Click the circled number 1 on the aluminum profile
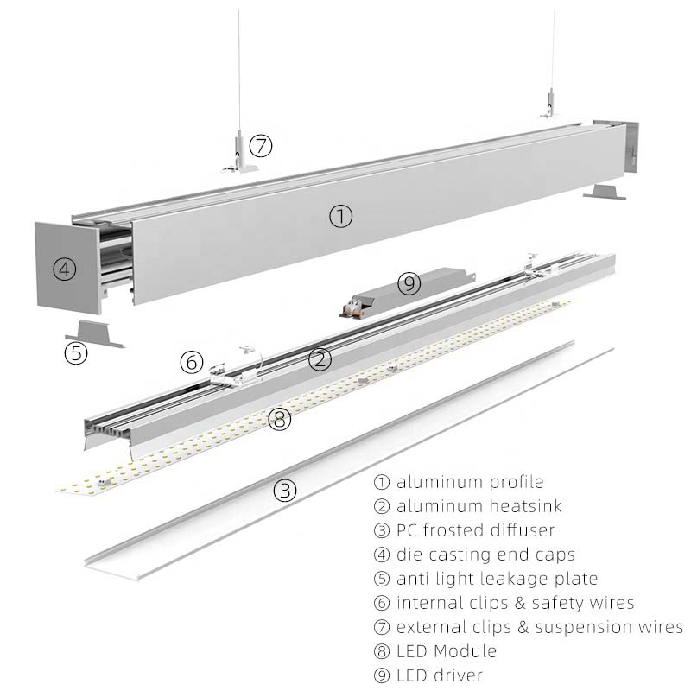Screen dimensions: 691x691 click(340, 216)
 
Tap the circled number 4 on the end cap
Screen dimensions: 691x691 click(64, 269)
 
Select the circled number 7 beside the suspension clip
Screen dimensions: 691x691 click(261, 145)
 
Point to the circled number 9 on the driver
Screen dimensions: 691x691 click(409, 283)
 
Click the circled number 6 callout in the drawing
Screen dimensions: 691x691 click(192, 362)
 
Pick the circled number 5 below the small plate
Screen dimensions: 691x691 click(76, 353)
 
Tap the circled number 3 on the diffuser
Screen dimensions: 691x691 click(285, 490)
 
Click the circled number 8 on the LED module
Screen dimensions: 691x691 click(280, 419)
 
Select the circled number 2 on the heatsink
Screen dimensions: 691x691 click(320, 358)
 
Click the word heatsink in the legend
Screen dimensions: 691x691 click(524, 506)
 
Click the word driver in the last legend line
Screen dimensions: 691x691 click(458, 675)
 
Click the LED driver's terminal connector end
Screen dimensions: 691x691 click(352, 307)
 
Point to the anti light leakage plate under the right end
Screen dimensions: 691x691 click(604, 192)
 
